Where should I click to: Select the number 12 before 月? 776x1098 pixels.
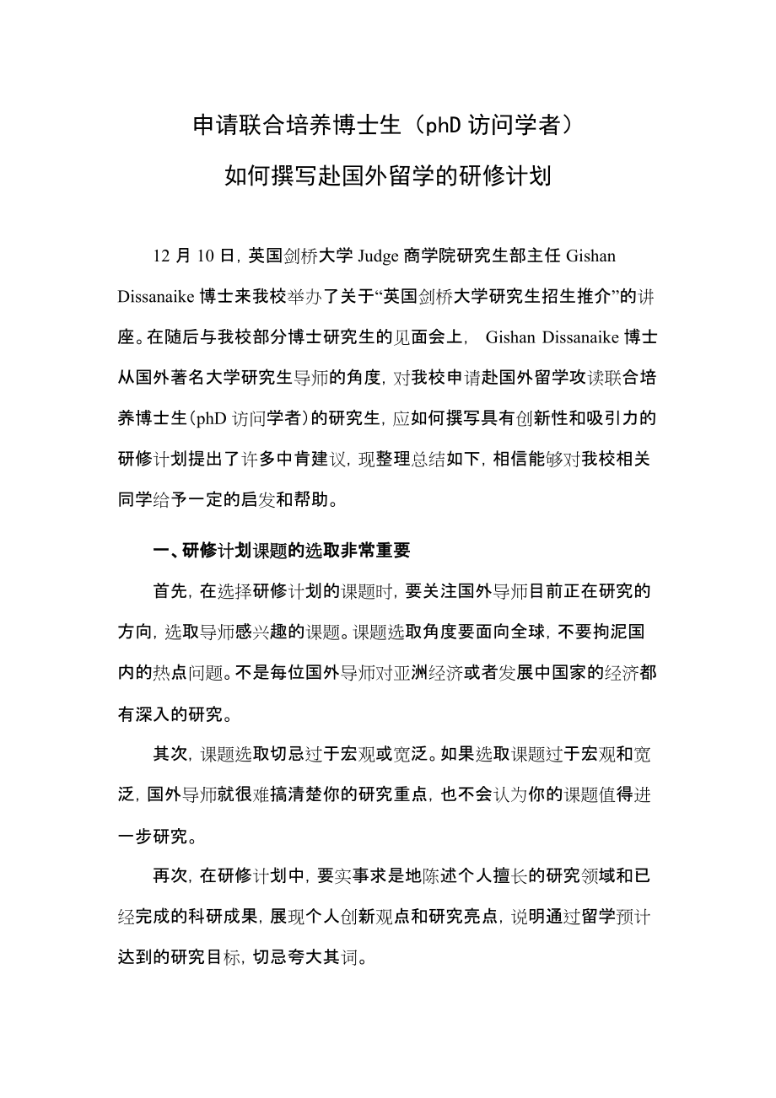click(x=162, y=256)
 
